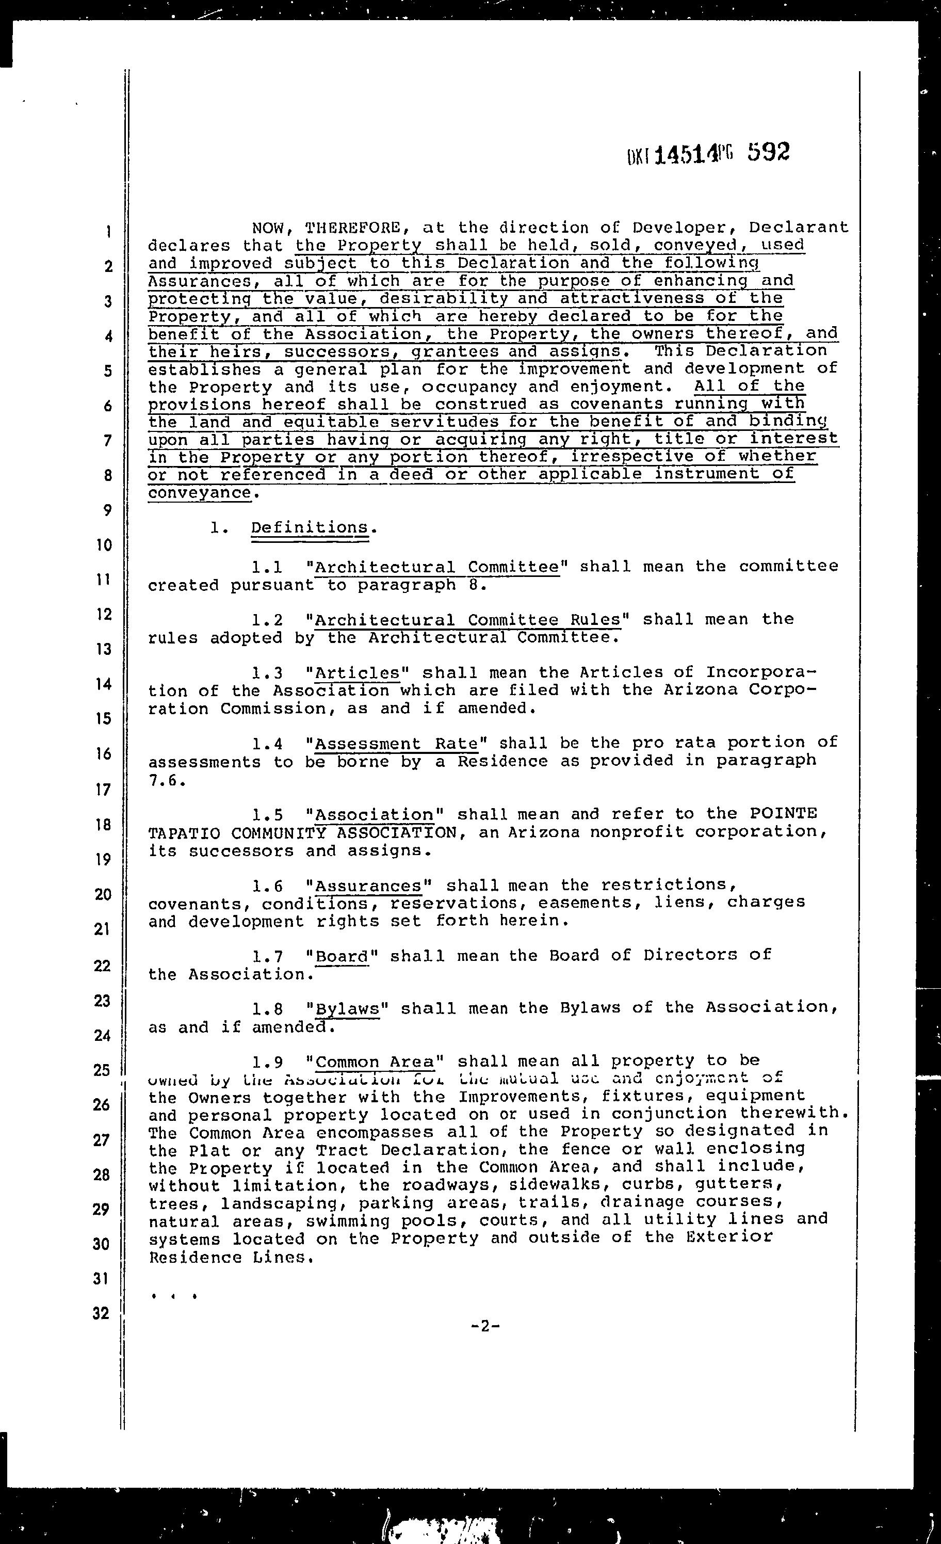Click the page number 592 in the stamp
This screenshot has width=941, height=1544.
pos(768,152)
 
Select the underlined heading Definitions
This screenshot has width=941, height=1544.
pos(310,527)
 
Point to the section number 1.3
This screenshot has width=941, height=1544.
pos(267,673)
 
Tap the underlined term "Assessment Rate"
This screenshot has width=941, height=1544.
pos(396,744)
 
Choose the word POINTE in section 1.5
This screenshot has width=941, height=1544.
pos(783,814)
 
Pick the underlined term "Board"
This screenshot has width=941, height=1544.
pos(342,956)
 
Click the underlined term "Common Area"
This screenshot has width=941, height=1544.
pos(375,1062)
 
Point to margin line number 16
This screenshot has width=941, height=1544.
pos(103,753)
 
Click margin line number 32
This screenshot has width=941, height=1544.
pos(102,1313)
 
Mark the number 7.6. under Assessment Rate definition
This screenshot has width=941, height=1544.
pos(166,780)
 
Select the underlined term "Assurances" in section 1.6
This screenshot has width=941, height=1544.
pos(368,886)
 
